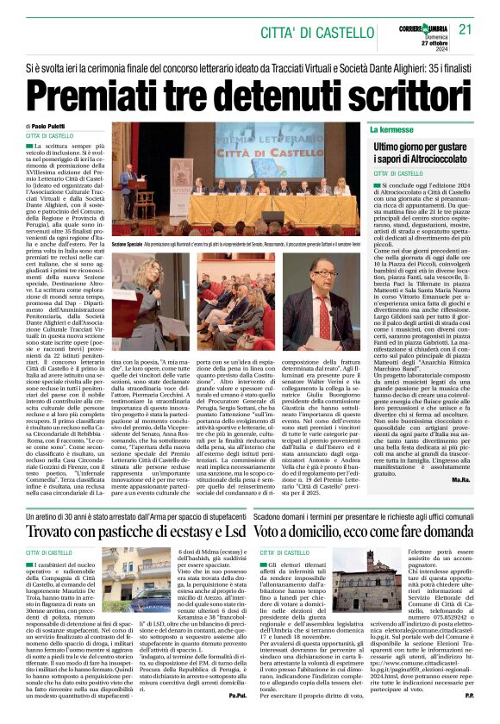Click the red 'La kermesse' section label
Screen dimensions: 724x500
click(392, 129)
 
